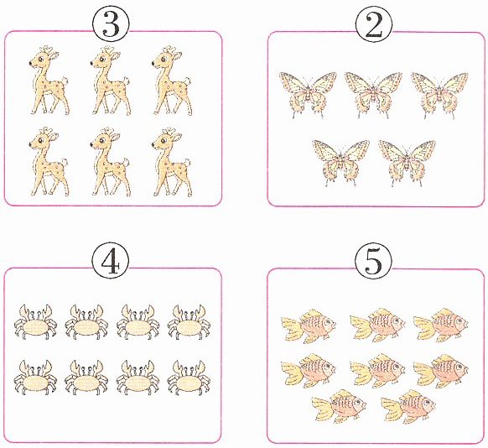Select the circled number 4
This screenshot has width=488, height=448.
(111, 261)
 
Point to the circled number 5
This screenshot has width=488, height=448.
(373, 261)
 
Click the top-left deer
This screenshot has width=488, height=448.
(49, 81)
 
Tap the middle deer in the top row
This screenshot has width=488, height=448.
(110, 81)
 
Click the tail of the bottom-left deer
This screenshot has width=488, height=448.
(65, 162)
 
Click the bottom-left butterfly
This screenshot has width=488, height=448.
(340, 162)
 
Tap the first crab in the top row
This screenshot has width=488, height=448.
(35, 322)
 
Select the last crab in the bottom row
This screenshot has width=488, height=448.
(189, 378)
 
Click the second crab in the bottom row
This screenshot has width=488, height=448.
(86, 378)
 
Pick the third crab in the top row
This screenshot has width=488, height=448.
(138, 322)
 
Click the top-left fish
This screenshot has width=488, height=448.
(309, 326)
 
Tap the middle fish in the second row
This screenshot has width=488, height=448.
(377, 371)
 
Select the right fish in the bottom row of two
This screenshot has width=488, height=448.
(408, 407)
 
